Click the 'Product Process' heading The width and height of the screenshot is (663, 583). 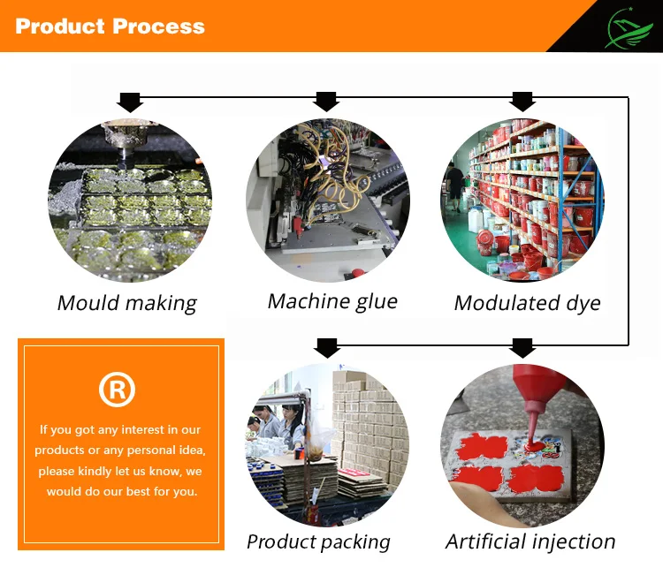coord(110,26)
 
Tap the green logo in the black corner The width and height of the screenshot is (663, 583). coord(630,28)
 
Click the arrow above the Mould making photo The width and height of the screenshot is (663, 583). coord(130,102)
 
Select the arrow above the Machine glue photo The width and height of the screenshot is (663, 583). coord(326,102)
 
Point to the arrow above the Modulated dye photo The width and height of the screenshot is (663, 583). coord(522,102)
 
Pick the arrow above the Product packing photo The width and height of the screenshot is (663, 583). coord(327,348)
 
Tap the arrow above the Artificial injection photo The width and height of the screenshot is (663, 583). coord(522,348)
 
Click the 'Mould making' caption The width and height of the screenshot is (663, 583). coord(126,303)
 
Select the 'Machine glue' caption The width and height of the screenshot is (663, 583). coord(332,301)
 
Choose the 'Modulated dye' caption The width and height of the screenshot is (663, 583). coord(527,303)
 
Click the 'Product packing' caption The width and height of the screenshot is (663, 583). coord(318,542)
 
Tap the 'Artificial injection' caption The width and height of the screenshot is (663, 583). coord(530,541)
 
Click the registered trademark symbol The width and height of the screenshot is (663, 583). coord(117,389)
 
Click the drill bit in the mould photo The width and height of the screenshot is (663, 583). coord(123,158)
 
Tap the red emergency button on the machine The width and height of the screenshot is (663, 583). coord(358,272)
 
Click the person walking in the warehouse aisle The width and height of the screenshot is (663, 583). coord(455,186)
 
